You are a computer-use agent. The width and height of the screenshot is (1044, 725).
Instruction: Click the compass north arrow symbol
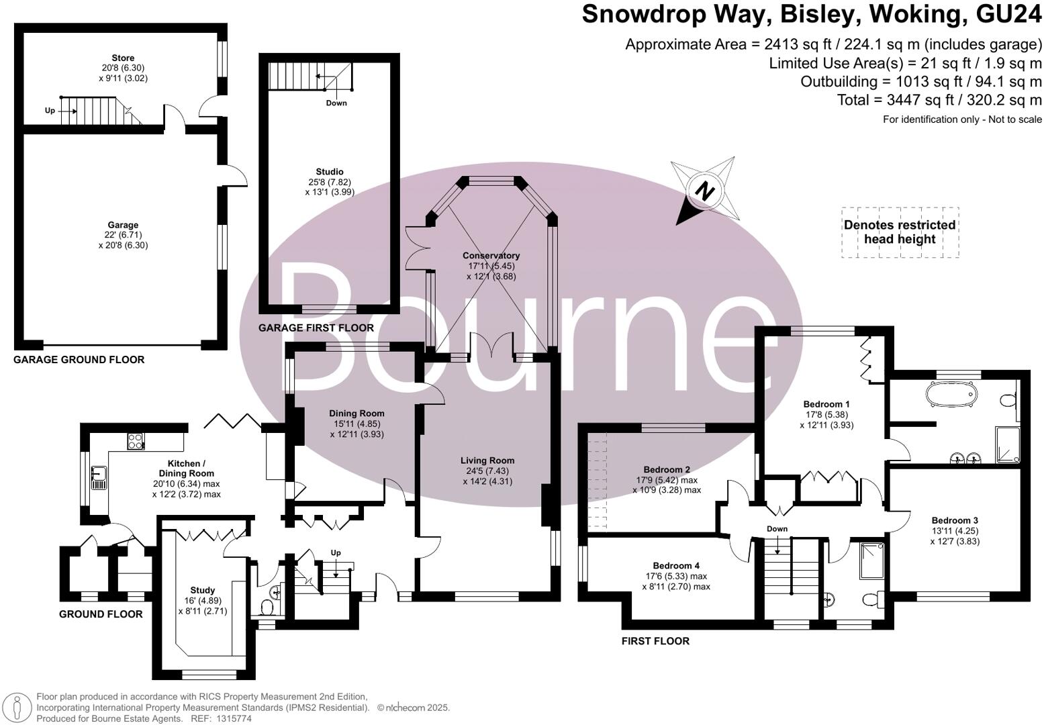(704, 191)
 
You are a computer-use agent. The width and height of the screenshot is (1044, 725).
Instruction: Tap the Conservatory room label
(491, 256)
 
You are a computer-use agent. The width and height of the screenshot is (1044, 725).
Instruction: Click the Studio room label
(330, 172)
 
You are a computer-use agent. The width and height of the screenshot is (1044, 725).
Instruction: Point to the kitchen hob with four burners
(135, 442)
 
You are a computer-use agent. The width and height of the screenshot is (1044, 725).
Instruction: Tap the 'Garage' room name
(123, 226)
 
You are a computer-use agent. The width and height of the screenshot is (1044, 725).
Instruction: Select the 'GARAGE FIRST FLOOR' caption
(316, 328)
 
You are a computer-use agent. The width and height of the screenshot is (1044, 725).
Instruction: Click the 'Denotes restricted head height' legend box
(900, 232)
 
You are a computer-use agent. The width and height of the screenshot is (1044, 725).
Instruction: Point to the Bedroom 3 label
(955, 520)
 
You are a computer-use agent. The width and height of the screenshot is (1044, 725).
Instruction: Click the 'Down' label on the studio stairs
(336, 103)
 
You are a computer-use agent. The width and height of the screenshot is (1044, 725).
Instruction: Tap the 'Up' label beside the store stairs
(50, 111)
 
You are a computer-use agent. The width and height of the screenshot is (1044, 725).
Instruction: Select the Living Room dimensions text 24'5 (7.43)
(487, 471)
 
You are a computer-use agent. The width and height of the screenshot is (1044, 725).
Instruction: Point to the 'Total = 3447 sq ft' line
(939, 100)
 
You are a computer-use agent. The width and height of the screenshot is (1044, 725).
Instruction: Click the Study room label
(201, 591)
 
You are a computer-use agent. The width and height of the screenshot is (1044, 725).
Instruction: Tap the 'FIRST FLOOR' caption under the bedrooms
(655, 641)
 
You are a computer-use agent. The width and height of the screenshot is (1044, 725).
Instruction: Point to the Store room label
(123, 58)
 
